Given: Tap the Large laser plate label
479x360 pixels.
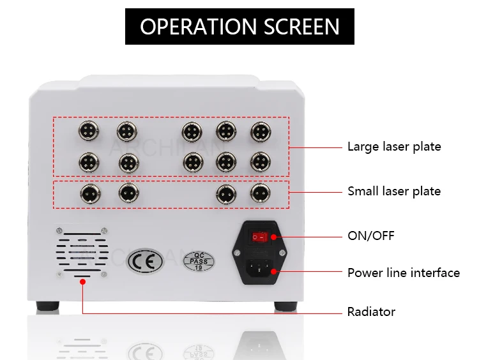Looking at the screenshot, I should click(394, 147).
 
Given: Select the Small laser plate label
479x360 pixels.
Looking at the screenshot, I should click(394, 191).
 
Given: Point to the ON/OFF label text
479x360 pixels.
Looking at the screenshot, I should click(370, 236).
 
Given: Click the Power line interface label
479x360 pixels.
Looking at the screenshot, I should click(403, 273).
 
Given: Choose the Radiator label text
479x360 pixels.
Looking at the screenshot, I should click(371, 312).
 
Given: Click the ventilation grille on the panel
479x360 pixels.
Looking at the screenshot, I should click(82, 251).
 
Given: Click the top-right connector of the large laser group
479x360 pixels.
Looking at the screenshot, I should click(260, 132).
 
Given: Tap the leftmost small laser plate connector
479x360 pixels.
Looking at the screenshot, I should click(87, 192).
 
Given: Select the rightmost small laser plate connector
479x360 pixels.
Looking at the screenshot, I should click(259, 192).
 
